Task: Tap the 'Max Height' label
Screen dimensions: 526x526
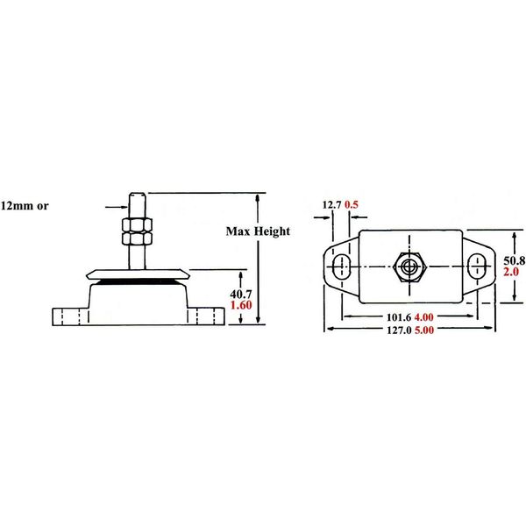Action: (x=259, y=231)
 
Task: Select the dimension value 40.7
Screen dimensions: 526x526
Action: (x=241, y=294)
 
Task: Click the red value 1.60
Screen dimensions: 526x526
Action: (x=241, y=306)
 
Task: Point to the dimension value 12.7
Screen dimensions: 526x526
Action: (x=331, y=205)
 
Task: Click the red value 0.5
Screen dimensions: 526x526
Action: (x=352, y=205)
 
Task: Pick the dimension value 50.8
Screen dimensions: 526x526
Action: (x=513, y=261)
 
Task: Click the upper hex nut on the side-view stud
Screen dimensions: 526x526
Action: (x=135, y=224)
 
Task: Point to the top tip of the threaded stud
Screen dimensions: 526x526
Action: (x=136, y=194)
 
